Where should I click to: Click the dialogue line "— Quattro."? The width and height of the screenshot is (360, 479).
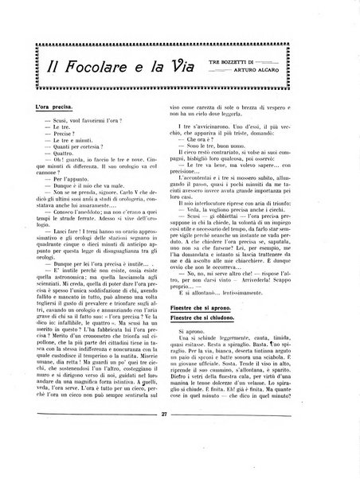coord(57,157)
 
